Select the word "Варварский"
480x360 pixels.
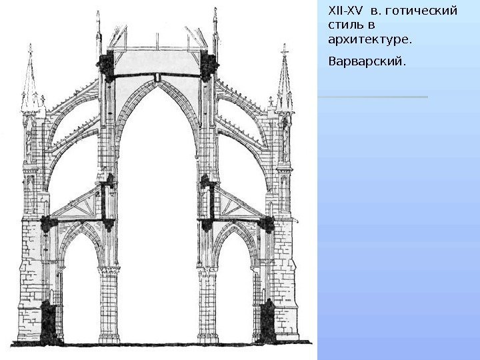(367, 61)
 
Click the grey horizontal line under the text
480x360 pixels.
(373, 97)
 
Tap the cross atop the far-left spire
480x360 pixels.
(32, 49)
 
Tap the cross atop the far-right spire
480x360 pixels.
(284, 49)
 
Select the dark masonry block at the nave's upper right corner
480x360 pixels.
(209, 65)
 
